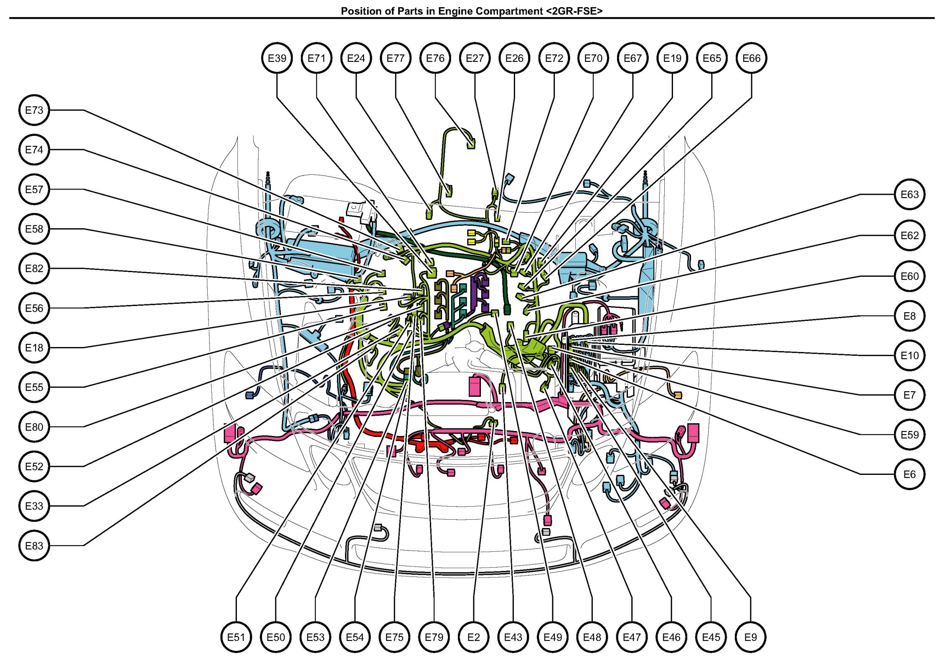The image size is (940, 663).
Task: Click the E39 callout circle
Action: click(277, 58)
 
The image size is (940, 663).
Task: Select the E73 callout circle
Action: click(34, 110)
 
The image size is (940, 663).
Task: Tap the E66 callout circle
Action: click(751, 58)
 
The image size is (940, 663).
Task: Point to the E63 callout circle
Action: click(910, 194)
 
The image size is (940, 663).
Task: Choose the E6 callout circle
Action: click(910, 474)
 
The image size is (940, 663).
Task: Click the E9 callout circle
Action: click(750, 637)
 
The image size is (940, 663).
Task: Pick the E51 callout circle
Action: click(236, 637)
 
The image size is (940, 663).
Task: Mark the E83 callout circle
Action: click(34, 546)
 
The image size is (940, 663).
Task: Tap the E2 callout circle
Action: click(473, 637)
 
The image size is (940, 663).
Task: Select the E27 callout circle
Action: click(475, 58)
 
